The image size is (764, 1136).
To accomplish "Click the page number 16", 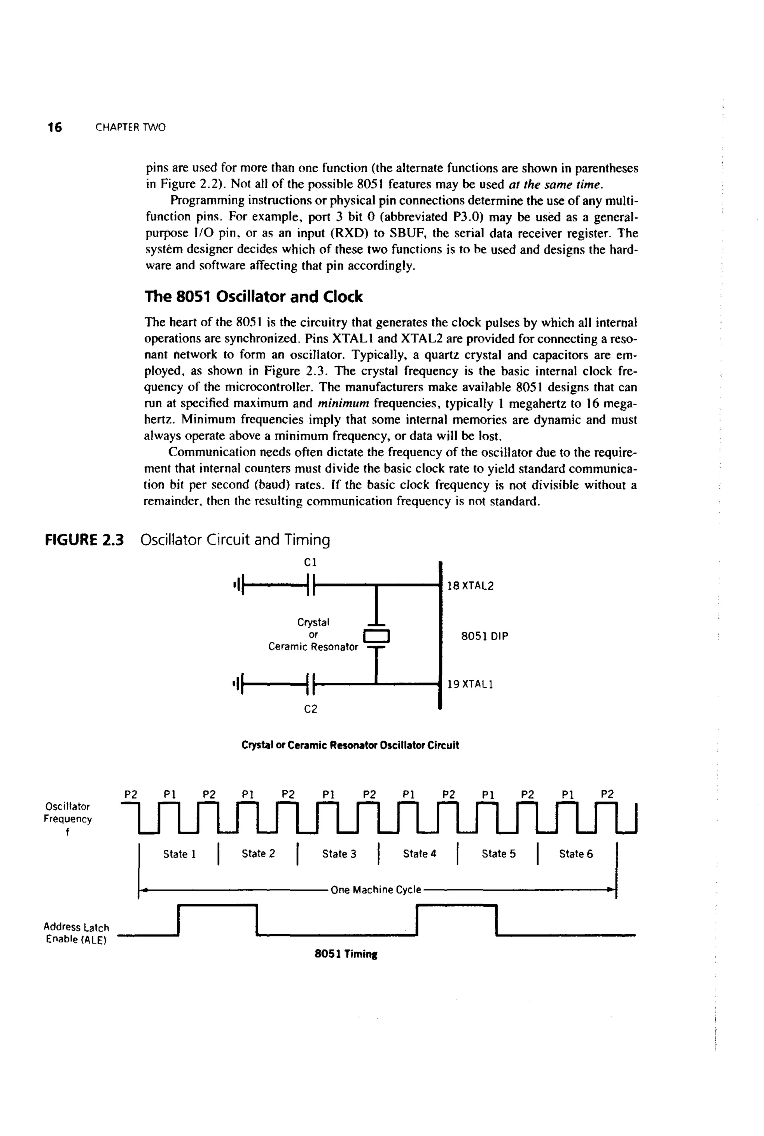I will click(x=54, y=128).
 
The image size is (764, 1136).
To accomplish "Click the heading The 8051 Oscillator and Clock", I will click(x=253, y=297).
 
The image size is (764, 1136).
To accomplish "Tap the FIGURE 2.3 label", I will click(x=84, y=540).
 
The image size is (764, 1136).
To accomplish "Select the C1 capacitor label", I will click(x=310, y=562).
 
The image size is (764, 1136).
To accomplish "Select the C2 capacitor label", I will click(x=310, y=709).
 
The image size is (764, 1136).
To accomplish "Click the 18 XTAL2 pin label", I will click(x=470, y=586).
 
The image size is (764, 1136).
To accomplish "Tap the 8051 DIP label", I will click(x=484, y=636).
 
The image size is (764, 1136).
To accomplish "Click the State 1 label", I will click(x=179, y=854).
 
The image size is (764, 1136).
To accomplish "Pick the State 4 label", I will click(x=420, y=854).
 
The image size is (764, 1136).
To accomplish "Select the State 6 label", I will click(x=576, y=854).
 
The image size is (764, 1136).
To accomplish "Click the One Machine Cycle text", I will click(x=376, y=889).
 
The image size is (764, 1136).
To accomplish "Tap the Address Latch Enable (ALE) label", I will click(x=76, y=933).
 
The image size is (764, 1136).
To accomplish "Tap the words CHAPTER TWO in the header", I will click(x=131, y=128).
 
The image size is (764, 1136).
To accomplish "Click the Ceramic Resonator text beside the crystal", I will click(x=313, y=647).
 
